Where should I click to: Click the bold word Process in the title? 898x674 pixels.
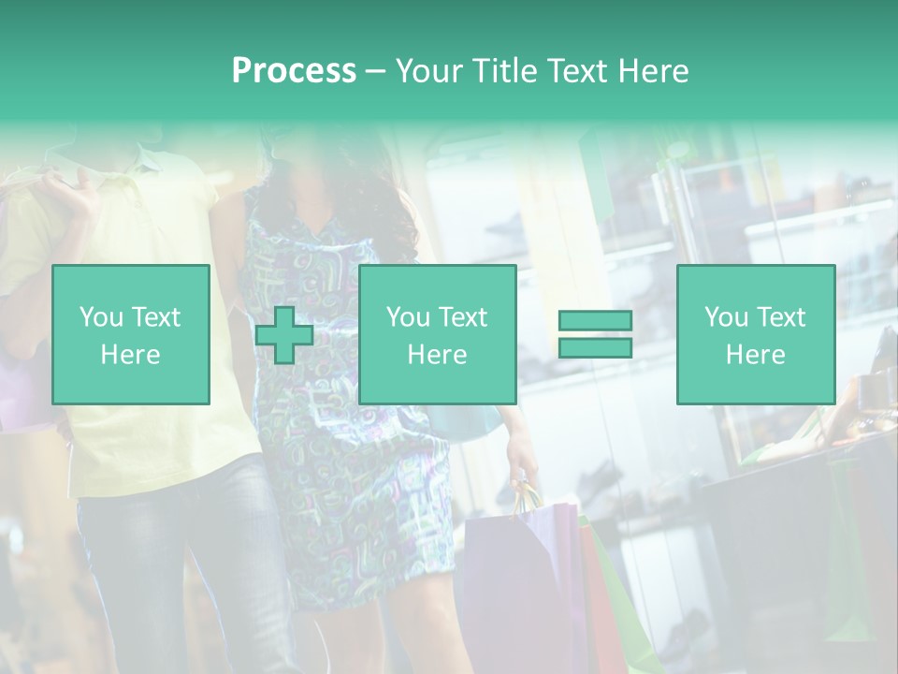pos(294,71)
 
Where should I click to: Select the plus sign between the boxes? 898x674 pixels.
pos(284,335)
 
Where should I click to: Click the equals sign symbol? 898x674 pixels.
pos(595,334)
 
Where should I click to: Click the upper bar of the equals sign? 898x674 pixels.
pos(595,321)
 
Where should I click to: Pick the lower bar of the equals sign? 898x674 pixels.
pos(595,347)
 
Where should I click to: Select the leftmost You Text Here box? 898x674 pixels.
pos(131,334)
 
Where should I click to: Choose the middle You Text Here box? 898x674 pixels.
pos(438,334)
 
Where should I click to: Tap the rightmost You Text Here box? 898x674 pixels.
pos(756,334)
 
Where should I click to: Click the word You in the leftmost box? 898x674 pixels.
pos(99,317)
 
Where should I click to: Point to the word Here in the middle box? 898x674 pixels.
pos(438,355)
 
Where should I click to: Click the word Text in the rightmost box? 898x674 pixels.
pos(781,317)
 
